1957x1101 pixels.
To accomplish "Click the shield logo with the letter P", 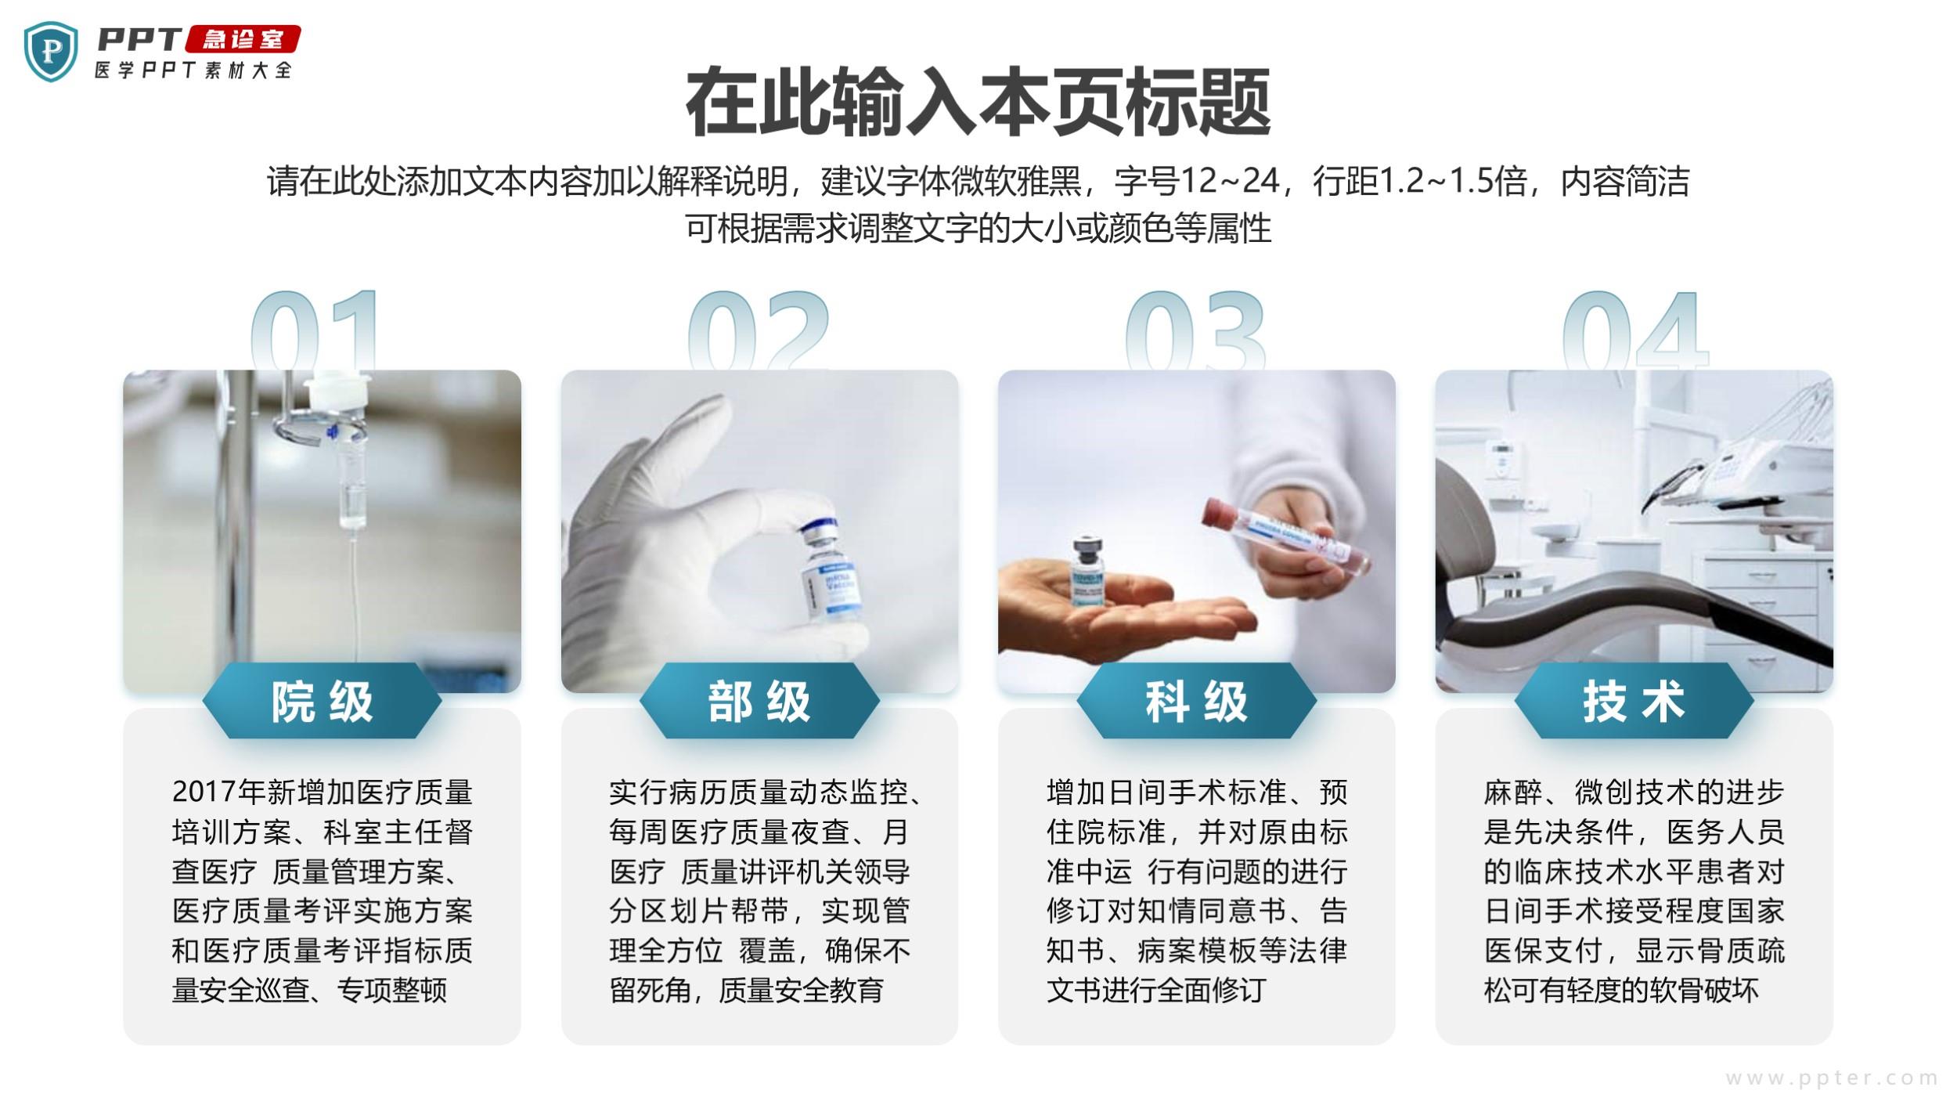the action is pyautogui.click(x=51, y=52).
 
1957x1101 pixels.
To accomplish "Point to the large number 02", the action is pyautogui.click(x=758, y=330).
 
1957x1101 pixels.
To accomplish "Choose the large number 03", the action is pyautogui.click(x=1195, y=330).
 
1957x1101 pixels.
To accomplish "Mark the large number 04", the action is pyautogui.click(x=1634, y=330).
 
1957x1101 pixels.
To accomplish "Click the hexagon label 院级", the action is pyautogui.click(x=322, y=701).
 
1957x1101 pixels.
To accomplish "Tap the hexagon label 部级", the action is pyautogui.click(x=759, y=701).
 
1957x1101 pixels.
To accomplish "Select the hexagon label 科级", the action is pyautogui.click(x=1196, y=701).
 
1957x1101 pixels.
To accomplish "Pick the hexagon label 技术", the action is pyautogui.click(x=1634, y=701).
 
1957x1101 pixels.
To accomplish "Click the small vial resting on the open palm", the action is pyautogui.click(x=1089, y=573).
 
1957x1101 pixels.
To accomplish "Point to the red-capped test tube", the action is pyautogui.click(x=1287, y=536).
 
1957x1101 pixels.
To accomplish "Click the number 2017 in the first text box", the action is pyautogui.click(x=205, y=792).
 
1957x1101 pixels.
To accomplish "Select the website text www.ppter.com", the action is pyautogui.click(x=1831, y=1078).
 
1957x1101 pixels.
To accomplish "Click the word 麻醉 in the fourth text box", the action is pyautogui.click(x=1514, y=792).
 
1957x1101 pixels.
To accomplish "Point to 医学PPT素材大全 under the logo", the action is pyautogui.click(x=193, y=70).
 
